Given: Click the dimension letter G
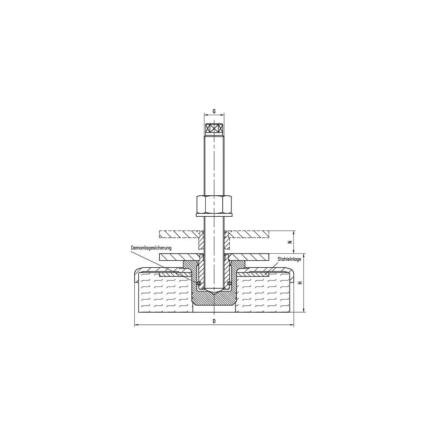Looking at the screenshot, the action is pos(214,111).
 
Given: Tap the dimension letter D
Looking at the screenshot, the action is pos(214,321).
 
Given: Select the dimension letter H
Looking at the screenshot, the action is pos(300,283).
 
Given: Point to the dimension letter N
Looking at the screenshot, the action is pos(290,242).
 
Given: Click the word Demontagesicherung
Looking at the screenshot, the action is pos(151,248).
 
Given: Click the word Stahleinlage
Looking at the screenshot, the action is pos(290,259).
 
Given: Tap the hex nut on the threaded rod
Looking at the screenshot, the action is pos(214,204).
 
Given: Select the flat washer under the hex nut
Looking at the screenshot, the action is pos(214,215).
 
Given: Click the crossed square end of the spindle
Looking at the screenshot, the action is pos(214,129).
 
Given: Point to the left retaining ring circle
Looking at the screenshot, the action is pos(198,283).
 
